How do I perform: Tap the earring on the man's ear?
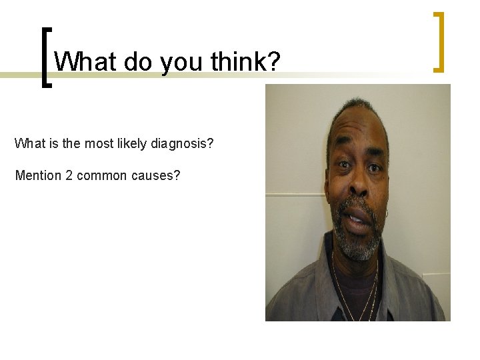coord(387,213)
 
